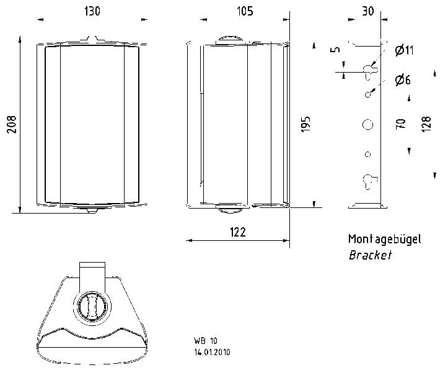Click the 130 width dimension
coord(92,12)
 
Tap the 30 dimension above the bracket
coord(368,12)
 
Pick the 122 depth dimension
coord(238,232)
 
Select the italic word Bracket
coord(370,255)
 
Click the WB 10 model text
coord(205,341)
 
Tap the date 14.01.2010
coord(213,351)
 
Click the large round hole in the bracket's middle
coord(367,124)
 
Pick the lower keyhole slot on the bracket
coord(367,181)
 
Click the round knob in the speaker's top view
coord(92,306)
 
